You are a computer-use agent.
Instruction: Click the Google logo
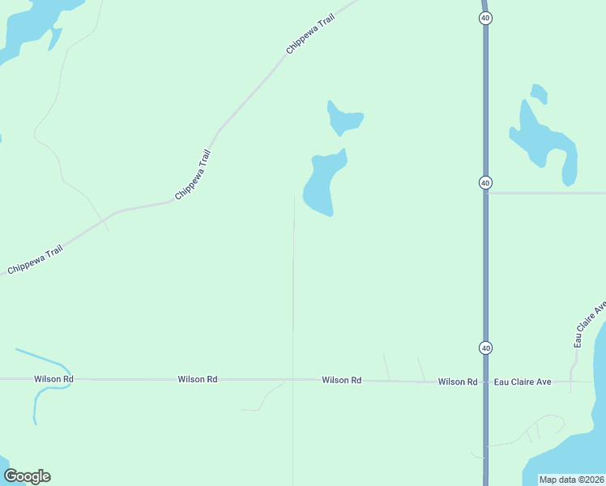(27, 476)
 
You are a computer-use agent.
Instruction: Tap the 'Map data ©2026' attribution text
(572, 480)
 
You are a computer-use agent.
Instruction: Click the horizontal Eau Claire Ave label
(523, 382)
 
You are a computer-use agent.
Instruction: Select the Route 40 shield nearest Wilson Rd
(484, 347)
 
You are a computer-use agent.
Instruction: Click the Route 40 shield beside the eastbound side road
(484, 183)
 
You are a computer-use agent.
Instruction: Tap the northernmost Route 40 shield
(484, 17)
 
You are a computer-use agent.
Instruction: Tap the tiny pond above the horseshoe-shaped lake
(539, 93)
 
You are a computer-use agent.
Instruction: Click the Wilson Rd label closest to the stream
(53, 379)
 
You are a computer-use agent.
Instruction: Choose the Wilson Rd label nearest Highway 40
(458, 382)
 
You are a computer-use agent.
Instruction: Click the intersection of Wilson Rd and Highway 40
(485, 381)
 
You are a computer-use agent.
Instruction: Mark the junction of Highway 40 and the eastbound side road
(486, 194)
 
